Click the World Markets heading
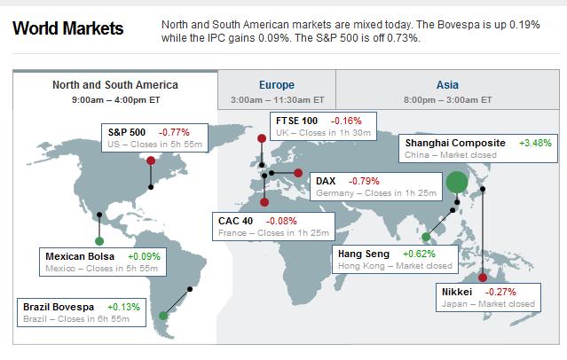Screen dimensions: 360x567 [x=68, y=28]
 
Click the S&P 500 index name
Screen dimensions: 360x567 [x=126, y=131]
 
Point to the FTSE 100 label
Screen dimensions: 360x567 [x=297, y=120]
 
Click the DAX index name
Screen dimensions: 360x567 [x=326, y=181]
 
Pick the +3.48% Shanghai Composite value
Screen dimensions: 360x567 [x=535, y=143]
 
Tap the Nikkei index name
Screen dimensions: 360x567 [x=459, y=291]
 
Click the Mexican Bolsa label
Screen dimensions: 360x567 [x=80, y=256]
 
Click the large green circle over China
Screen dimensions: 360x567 [x=457, y=183]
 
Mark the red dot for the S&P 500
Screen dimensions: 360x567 [x=151, y=160]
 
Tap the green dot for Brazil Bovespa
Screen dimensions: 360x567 [x=163, y=315]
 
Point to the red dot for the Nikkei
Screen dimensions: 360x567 [x=483, y=278]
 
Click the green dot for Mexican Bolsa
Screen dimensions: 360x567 [x=99, y=240]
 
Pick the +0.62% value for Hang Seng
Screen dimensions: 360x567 [x=413, y=254]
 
